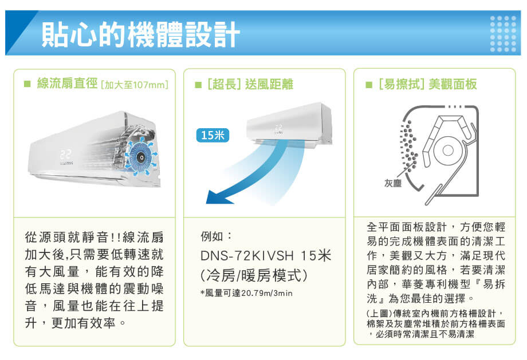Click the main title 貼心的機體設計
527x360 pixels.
140,35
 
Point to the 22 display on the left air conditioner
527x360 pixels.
65,155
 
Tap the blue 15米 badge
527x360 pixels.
213,135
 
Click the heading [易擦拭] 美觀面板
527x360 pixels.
427,85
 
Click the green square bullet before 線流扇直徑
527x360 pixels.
27,85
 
